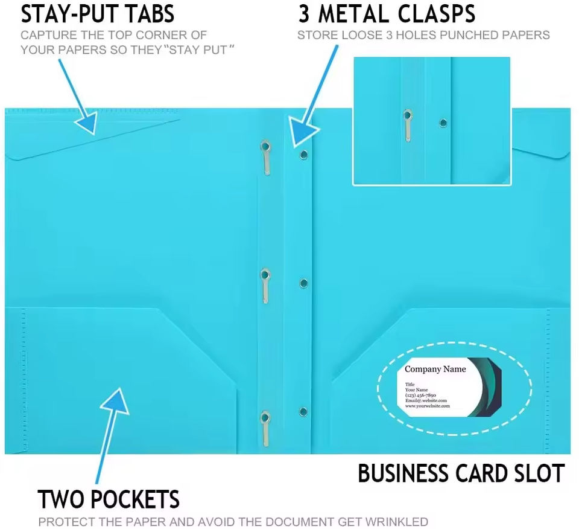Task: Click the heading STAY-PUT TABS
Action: click(98, 13)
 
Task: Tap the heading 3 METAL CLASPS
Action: click(387, 13)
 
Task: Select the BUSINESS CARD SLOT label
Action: click(461, 473)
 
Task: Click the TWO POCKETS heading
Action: click(109, 500)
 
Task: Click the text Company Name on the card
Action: click(435, 369)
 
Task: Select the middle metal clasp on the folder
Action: click(265, 285)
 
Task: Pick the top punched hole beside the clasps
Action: click(303, 155)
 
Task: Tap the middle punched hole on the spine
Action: click(303, 283)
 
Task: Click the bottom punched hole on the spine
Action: click(303, 412)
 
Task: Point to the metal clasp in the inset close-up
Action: click(408, 124)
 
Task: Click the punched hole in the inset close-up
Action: click(443, 123)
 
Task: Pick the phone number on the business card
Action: click(420, 395)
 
